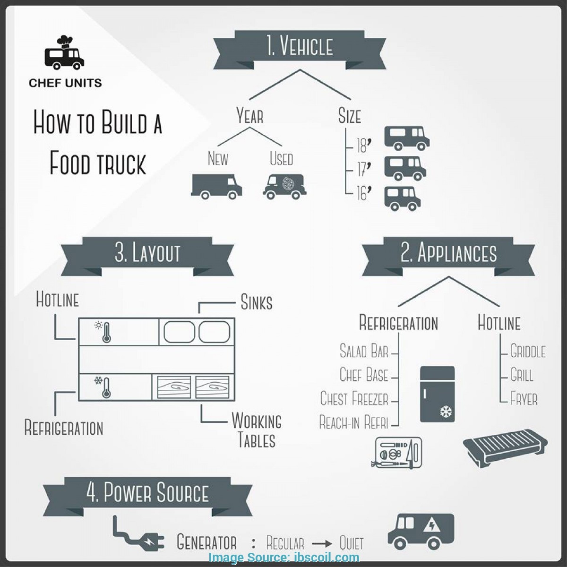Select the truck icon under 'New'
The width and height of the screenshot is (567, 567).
tap(216, 186)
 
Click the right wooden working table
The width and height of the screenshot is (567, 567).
tap(212, 387)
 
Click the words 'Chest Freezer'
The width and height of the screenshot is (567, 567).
tap(354, 398)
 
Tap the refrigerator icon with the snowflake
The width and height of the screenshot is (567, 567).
tap(437, 394)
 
